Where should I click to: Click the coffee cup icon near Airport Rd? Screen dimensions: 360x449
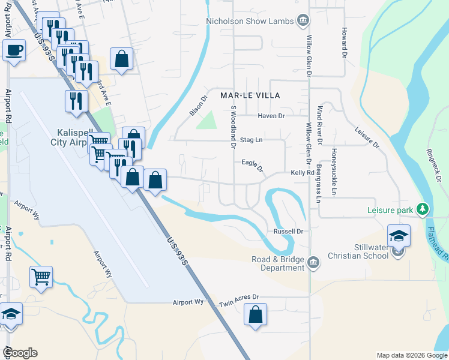point(14,50)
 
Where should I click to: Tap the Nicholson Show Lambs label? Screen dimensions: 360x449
point(250,21)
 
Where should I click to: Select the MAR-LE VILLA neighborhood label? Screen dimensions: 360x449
point(250,95)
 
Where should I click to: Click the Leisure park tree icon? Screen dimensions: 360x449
point(423,209)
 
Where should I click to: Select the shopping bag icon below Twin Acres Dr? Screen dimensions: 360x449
point(255,314)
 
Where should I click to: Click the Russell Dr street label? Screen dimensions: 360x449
point(290,231)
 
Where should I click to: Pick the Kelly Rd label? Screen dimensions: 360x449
point(302,172)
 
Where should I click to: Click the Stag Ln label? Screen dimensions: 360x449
point(252,140)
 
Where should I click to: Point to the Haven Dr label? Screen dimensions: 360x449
point(271,115)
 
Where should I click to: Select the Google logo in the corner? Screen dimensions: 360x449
point(20,353)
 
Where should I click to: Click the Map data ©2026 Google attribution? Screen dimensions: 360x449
point(411,355)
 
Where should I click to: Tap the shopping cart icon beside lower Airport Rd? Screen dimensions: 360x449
point(41,278)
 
